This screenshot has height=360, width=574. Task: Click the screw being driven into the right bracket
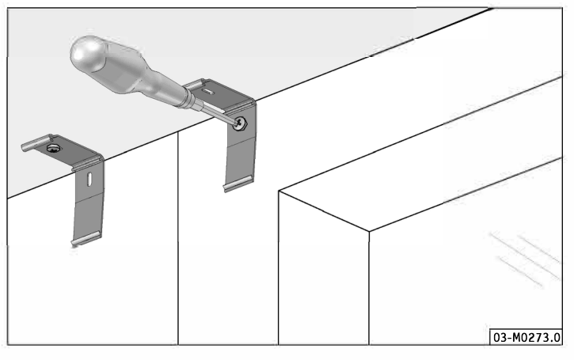(x=239, y=123)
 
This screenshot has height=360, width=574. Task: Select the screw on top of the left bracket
(x=54, y=148)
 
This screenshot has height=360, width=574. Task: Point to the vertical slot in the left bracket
(x=89, y=180)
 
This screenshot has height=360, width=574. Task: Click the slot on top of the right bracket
(x=207, y=92)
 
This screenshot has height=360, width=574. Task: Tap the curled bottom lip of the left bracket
(x=86, y=238)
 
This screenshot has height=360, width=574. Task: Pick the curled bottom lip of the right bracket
(x=238, y=183)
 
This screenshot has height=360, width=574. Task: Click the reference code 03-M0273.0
(x=526, y=337)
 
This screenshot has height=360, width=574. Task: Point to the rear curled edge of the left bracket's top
(x=36, y=142)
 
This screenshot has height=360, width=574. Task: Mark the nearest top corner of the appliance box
(x=369, y=231)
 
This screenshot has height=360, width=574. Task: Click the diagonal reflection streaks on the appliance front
(x=526, y=258)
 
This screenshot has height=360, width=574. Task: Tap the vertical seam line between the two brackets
(x=178, y=238)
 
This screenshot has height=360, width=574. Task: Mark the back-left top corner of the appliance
(x=279, y=191)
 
